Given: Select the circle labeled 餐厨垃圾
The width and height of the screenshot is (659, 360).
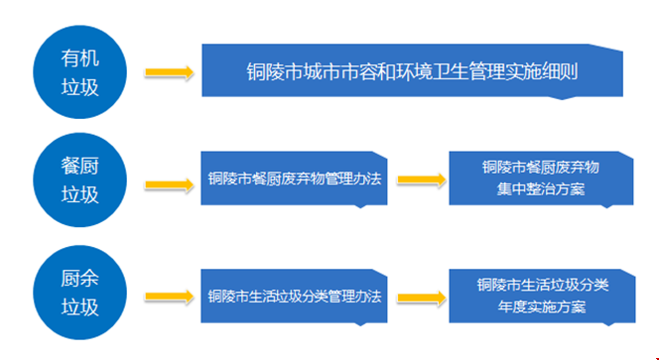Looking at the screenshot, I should click(x=79, y=181).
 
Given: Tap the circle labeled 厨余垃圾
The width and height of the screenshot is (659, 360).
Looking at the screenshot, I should click(x=79, y=295).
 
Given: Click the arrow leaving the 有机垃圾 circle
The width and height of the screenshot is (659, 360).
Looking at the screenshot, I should click(x=168, y=71).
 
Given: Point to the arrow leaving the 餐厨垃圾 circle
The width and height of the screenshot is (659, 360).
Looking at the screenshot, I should click(x=168, y=182).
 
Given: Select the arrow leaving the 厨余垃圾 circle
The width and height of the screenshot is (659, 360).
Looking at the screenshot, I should click(x=168, y=296).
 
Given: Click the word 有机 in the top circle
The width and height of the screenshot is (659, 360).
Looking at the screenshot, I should click(x=80, y=58).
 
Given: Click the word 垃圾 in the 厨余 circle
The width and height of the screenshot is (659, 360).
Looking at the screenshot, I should click(x=80, y=307).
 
